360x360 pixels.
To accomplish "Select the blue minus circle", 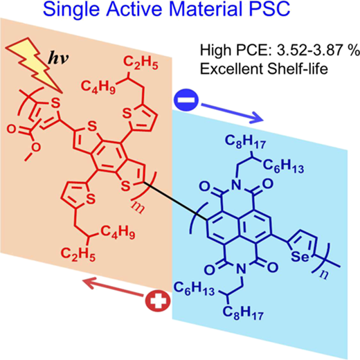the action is (x=186, y=100).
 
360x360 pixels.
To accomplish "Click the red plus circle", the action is (x=158, y=300).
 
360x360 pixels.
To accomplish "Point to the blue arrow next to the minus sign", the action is (x=232, y=113).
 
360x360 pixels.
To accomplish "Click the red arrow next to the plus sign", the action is (x=112, y=287).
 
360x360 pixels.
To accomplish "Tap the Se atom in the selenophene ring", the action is (x=300, y=257).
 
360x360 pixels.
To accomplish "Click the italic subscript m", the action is (x=138, y=206).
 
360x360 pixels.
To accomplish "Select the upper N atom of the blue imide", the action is (x=235, y=185).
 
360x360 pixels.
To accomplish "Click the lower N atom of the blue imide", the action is (x=241, y=269).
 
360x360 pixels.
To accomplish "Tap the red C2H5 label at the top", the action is (x=141, y=63).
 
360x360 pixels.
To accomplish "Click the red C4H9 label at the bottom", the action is (x=118, y=232).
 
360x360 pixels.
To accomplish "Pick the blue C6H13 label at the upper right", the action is (x=283, y=166).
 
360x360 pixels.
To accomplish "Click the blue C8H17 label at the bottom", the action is (x=243, y=313).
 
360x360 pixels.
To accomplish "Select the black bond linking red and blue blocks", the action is (x=175, y=201).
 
